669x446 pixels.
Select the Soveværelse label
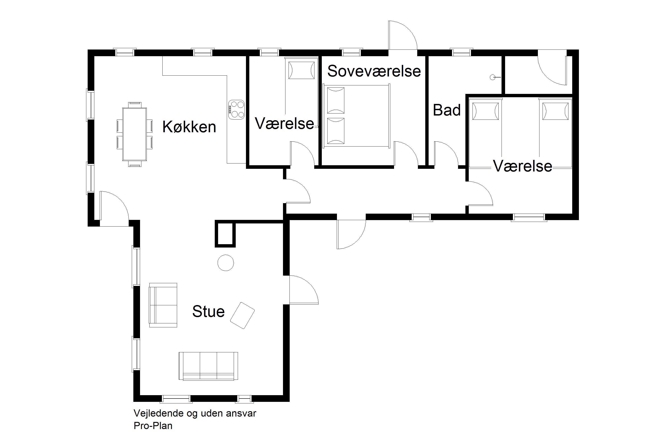[x=374, y=71]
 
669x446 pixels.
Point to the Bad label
[x=447, y=110]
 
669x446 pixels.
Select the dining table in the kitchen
[x=134, y=134]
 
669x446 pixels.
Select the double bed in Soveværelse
[x=356, y=116]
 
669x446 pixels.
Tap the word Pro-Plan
[x=153, y=426]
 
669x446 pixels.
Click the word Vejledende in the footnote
[x=159, y=413]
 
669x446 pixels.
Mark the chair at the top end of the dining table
[x=134, y=105]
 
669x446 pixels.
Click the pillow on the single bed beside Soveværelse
[x=301, y=70]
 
